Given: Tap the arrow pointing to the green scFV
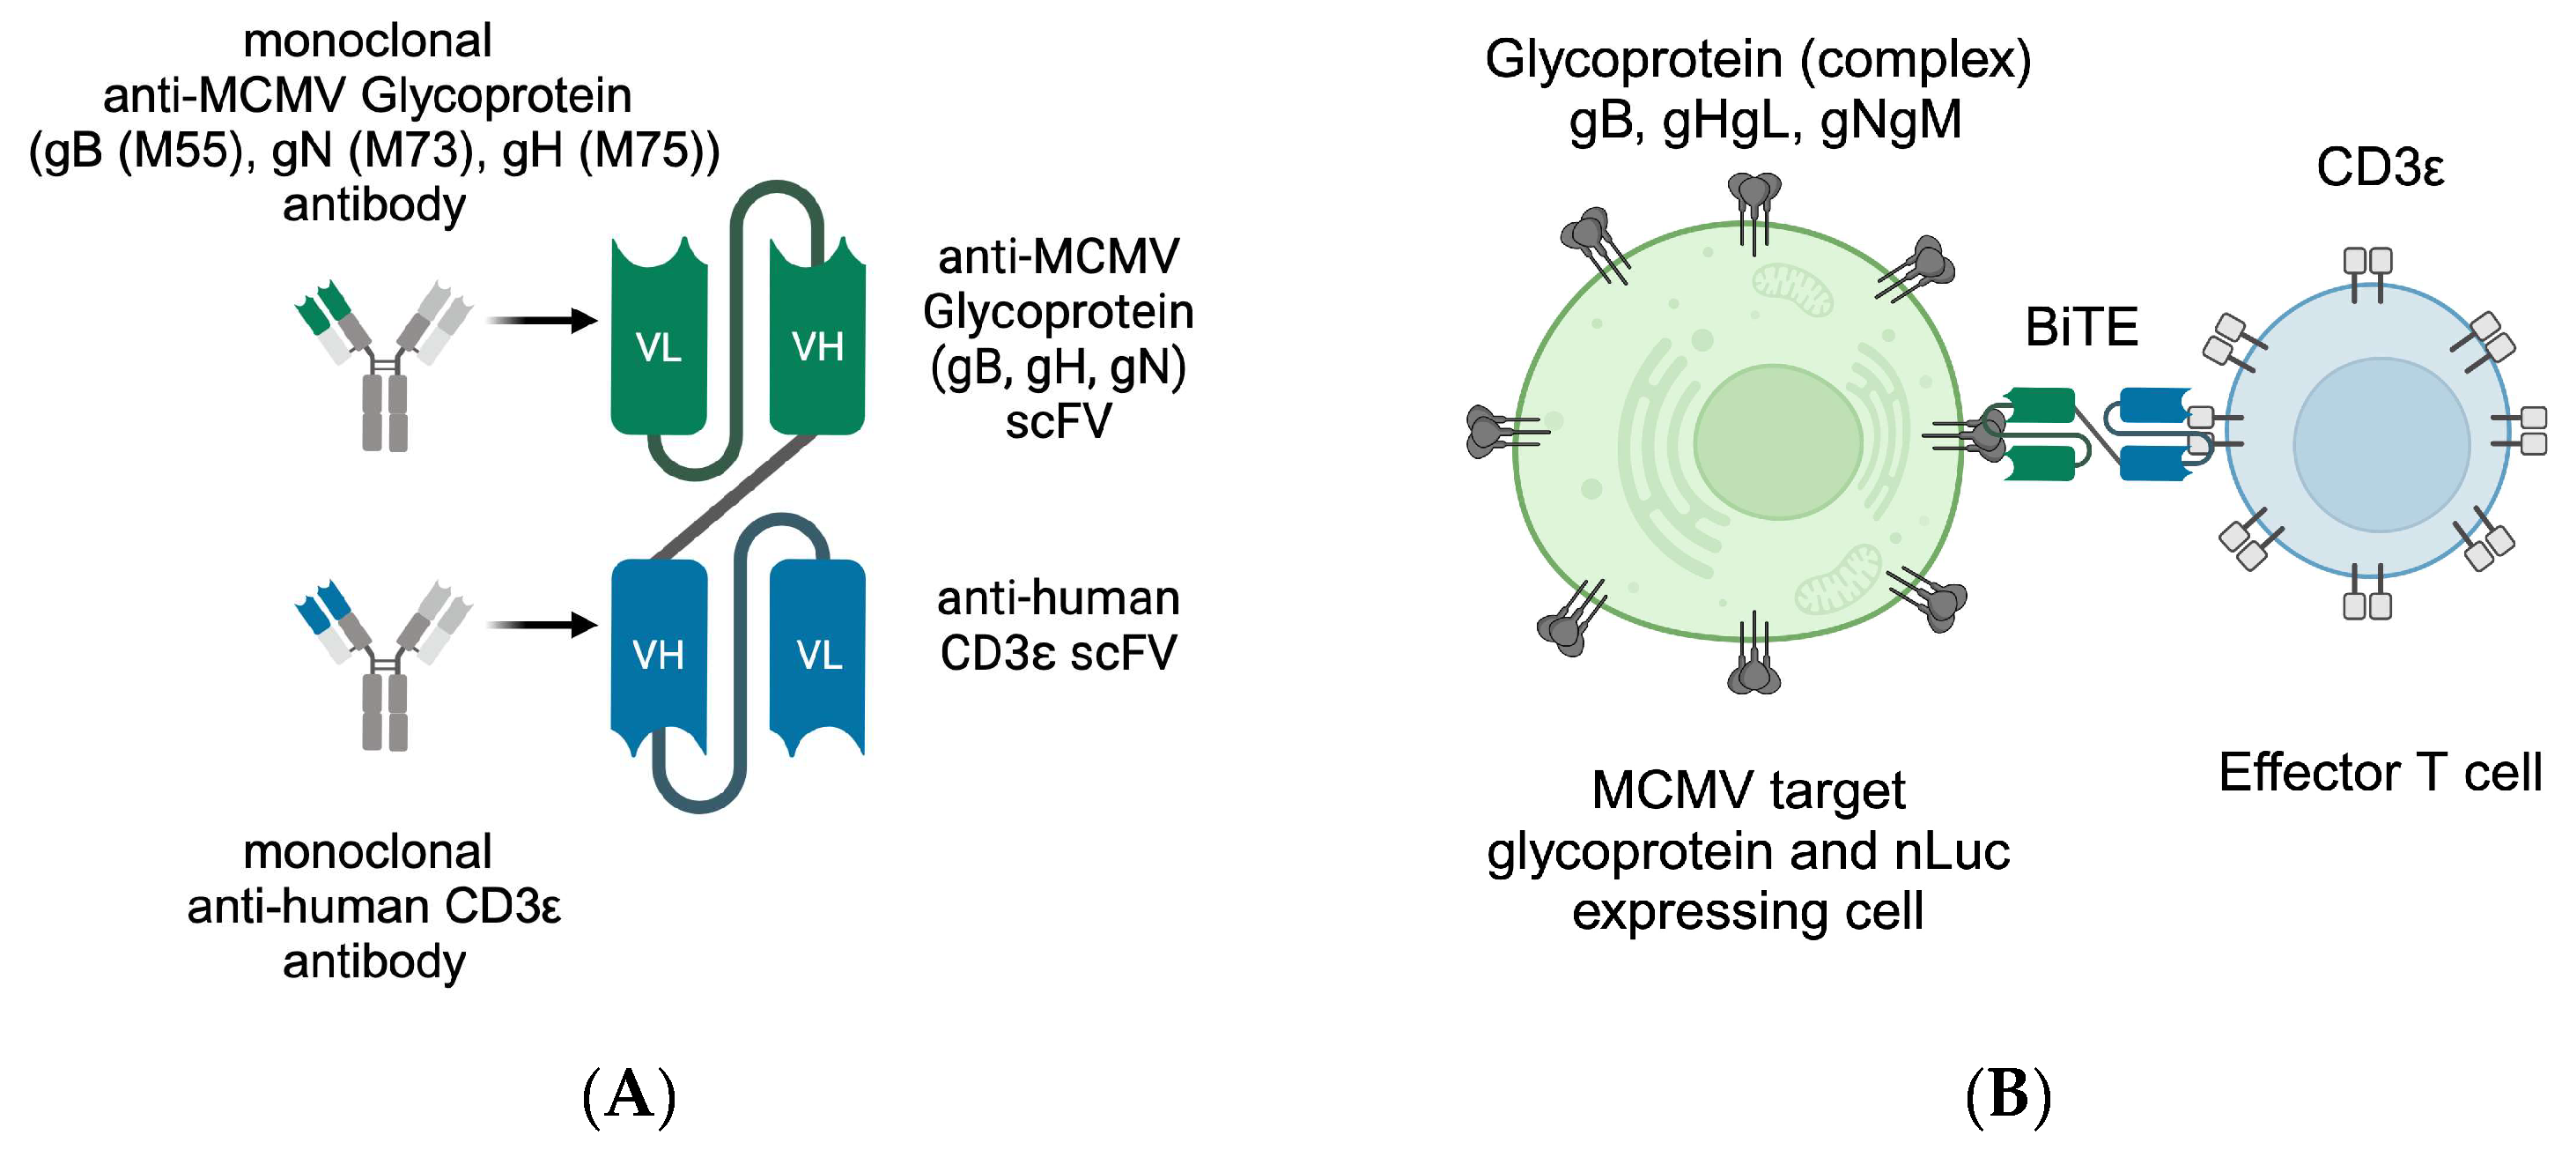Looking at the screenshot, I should point(542,321).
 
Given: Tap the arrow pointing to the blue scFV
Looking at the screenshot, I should point(542,625).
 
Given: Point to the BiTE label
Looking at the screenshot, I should point(2080,327).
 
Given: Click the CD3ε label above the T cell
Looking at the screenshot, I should point(2379,167).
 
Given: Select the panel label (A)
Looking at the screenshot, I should point(629,1095).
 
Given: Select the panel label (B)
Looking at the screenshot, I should point(2008,1095).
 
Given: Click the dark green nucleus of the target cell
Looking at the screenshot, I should point(1777,441).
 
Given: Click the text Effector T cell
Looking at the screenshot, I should point(2379,772).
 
